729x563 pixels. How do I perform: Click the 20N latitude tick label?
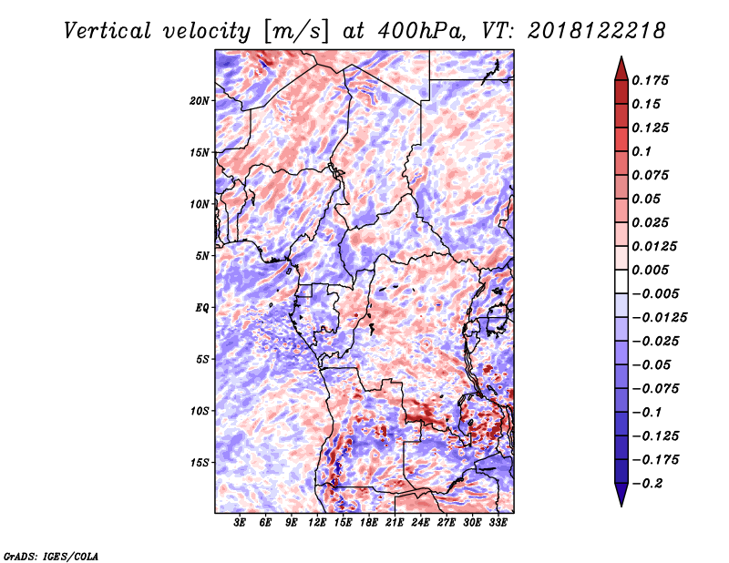click(x=200, y=100)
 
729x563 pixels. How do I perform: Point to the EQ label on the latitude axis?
click(x=201, y=308)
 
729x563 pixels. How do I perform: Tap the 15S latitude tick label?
click(x=200, y=463)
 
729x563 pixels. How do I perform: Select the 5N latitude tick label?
click(x=202, y=256)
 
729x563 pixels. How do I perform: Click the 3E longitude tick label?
click(x=240, y=523)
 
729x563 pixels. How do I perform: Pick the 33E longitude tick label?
click(x=498, y=523)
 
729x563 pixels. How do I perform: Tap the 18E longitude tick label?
click(x=369, y=523)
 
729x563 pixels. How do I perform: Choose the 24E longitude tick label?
click(x=420, y=523)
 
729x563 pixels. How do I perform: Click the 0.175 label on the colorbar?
click(x=650, y=80)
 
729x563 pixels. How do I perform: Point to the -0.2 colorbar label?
click(x=647, y=484)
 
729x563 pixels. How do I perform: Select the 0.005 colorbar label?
click(x=650, y=270)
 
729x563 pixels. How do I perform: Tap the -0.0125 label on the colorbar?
click(x=659, y=318)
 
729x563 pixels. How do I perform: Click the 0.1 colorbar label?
click(x=642, y=151)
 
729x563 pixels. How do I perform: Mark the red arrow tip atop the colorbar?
click(x=621, y=56)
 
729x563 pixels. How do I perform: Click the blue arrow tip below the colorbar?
click(x=621, y=506)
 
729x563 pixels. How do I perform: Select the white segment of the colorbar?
click(x=621, y=281)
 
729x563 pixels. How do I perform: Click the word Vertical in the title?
click(x=108, y=31)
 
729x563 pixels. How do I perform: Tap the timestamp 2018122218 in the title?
click(x=597, y=31)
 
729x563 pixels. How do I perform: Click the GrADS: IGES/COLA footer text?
click(x=51, y=557)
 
